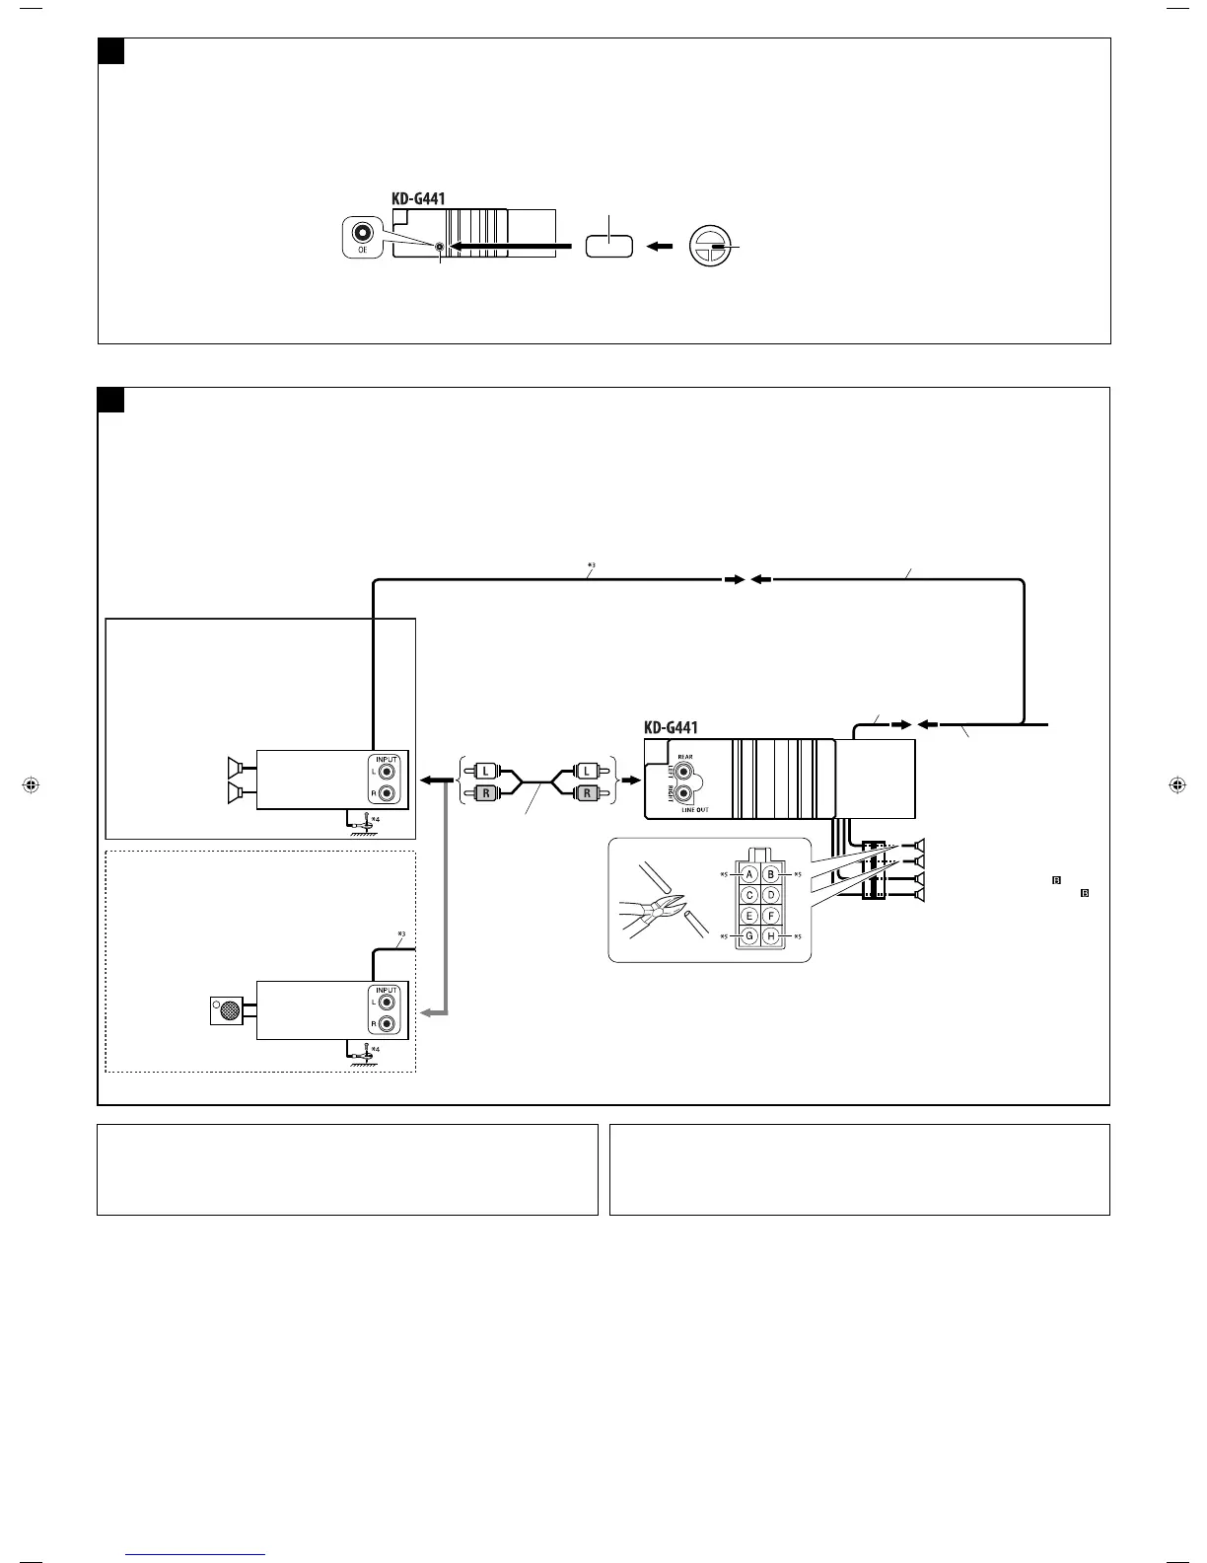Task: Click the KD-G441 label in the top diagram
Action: point(418,198)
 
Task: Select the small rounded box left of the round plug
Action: point(608,246)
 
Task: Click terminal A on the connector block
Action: point(749,874)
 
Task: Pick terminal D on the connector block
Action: point(771,895)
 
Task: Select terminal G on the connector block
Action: point(749,935)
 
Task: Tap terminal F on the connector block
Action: point(771,916)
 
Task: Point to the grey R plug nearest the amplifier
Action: point(486,792)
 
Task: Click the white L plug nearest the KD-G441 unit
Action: point(587,769)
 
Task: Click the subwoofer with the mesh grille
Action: point(228,1010)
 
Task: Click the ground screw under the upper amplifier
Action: point(367,821)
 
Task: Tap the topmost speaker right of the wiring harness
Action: point(919,846)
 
